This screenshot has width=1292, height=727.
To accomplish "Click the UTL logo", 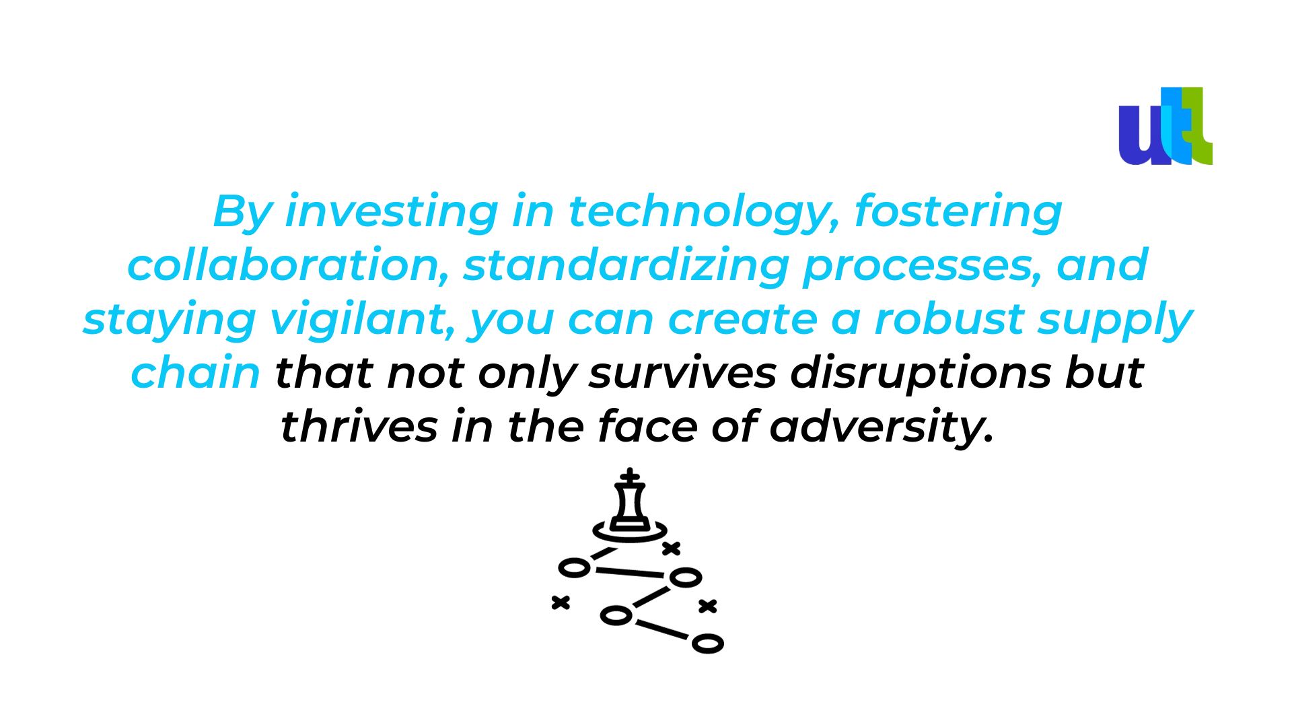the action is point(1165,126).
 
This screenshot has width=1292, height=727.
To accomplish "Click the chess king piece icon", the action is point(630,505).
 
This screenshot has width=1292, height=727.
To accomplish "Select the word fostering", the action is point(958,213).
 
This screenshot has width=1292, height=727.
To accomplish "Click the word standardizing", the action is point(626,267).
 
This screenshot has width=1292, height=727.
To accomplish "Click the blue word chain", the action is point(195,373).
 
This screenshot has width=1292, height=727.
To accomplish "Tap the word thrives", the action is point(359,427).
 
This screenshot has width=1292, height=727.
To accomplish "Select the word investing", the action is point(392,213).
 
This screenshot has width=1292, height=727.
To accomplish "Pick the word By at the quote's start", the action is point(242,213).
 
